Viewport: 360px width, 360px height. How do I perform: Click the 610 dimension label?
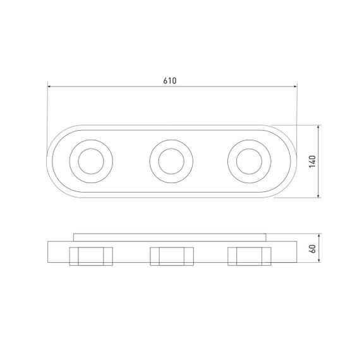pyautogui.click(x=170, y=81)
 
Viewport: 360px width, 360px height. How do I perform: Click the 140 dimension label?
pyautogui.click(x=312, y=162)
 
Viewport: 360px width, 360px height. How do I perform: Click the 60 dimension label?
pyautogui.click(x=313, y=248)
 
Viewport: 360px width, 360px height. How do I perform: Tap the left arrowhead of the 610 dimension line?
pyautogui.click(x=49, y=87)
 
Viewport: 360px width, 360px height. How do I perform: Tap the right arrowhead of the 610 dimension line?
pyautogui.click(x=295, y=87)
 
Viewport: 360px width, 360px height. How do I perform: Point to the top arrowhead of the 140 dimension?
pyautogui.click(x=318, y=127)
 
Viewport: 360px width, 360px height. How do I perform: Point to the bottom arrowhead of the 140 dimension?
pyautogui.click(x=318, y=196)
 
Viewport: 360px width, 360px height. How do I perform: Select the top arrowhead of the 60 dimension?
pyautogui.click(x=319, y=236)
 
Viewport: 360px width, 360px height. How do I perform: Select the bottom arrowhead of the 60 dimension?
pyautogui.click(x=319, y=260)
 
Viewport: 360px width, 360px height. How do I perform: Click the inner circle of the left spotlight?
pyautogui.click(x=78, y=161)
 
